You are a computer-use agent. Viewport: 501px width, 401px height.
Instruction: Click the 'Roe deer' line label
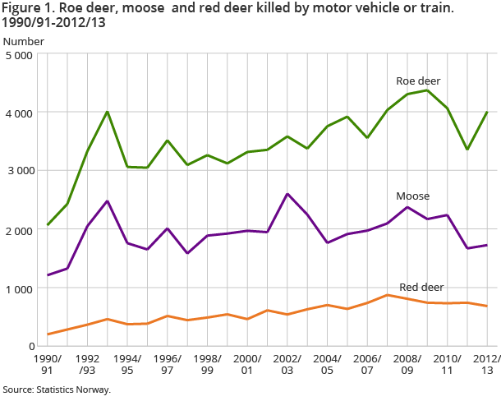tap(418, 81)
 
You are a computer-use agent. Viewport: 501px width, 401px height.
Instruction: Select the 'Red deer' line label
tap(421, 287)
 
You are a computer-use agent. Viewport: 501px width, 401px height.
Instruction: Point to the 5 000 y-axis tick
tap(18, 55)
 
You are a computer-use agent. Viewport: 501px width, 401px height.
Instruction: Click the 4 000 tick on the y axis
tap(18, 113)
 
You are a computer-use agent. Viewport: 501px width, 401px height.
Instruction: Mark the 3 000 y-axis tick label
tap(18, 171)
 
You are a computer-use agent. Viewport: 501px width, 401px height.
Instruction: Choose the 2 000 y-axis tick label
tap(18, 230)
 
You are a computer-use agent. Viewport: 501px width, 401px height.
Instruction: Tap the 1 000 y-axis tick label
tap(18, 288)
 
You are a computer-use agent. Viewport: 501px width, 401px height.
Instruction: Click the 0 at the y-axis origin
tap(29, 347)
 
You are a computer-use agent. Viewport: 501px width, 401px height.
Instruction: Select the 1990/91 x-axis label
tap(47, 366)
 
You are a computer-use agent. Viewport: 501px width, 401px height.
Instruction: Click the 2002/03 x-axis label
tap(287, 366)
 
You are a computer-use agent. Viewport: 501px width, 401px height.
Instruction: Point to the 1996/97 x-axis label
tap(168, 366)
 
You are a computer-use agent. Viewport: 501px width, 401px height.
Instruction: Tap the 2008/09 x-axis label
tap(407, 366)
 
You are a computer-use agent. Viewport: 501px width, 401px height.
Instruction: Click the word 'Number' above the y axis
tap(24, 40)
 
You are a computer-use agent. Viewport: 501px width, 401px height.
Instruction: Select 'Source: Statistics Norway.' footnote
tap(56, 389)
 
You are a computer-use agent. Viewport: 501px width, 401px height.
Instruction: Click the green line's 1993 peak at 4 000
tap(108, 112)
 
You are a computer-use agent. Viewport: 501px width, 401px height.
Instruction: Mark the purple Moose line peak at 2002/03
tap(287, 194)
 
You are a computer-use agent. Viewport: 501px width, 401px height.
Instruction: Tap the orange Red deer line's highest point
tap(387, 295)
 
